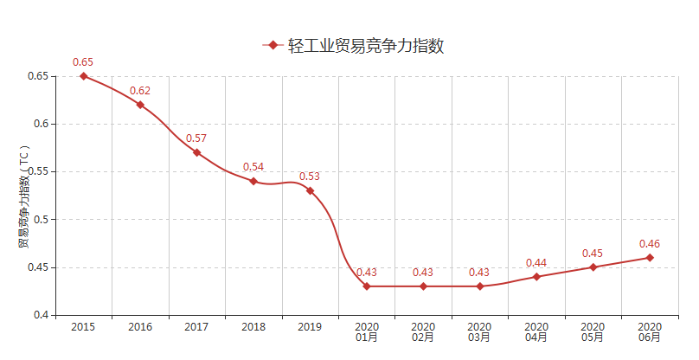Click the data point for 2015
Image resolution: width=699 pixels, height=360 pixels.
point(83,76)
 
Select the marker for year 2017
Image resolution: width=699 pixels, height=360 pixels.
point(196,152)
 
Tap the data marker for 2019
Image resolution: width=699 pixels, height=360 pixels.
point(310,190)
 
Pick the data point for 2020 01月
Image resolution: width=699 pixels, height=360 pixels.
point(367,286)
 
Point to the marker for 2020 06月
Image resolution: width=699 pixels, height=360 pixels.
point(650,257)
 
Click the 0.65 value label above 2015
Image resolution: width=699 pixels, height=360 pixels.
point(83,62)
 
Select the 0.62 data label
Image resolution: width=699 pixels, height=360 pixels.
point(140,91)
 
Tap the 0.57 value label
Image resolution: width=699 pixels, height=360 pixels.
point(196,138)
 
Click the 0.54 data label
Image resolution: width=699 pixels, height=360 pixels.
point(253,167)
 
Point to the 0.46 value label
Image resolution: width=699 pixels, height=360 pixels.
point(650,244)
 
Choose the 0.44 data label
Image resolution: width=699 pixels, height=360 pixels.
point(536,263)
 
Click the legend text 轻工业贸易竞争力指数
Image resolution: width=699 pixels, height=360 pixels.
point(366,46)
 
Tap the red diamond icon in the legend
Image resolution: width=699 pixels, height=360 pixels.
point(273,46)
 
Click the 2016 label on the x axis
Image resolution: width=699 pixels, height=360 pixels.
point(140,327)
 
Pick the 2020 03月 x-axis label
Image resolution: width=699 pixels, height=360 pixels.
point(480,332)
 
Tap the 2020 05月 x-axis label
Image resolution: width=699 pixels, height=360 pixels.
point(593,332)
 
